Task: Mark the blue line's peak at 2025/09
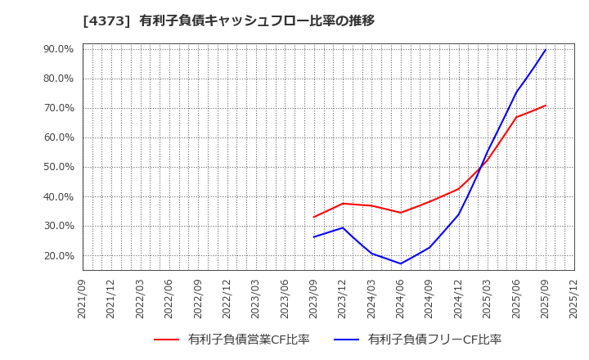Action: pyautogui.click(x=546, y=49)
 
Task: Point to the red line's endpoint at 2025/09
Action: pyautogui.click(x=546, y=105)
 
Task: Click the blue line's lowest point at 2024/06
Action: pyautogui.click(x=401, y=263)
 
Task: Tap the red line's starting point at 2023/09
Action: pyautogui.click(x=314, y=217)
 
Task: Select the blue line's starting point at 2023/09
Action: pyautogui.click(x=314, y=237)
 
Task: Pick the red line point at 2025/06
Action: pyautogui.click(x=516, y=117)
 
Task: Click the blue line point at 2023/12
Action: pyautogui.click(x=343, y=227)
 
